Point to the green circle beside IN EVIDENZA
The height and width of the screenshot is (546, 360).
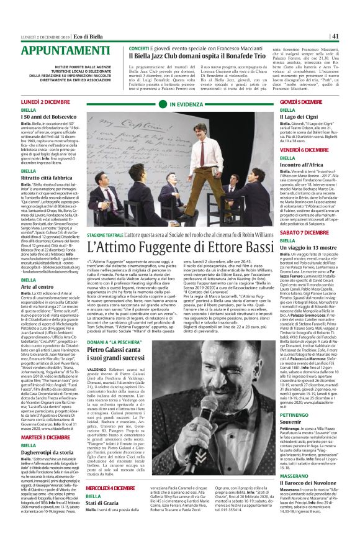click(164, 105)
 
